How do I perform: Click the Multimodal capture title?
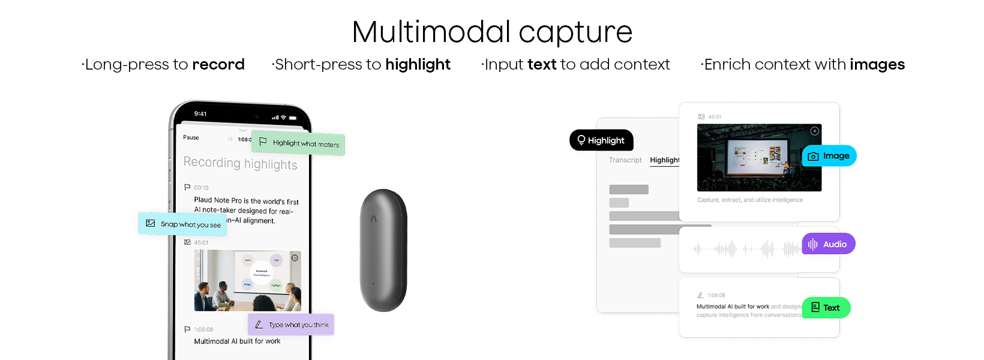[492, 32]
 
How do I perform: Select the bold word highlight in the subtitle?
[418, 64]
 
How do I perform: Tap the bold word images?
[877, 64]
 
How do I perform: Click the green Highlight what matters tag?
[298, 143]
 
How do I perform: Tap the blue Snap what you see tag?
[182, 224]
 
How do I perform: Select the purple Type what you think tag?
[291, 325]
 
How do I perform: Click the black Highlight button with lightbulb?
[601, 140]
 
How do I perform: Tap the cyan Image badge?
[829, 156]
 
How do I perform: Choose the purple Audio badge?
[828, 244]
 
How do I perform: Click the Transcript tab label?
[625, 160]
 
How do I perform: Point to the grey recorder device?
[383, 250]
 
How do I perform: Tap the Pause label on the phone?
[191, 137]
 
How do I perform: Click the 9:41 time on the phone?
[200, 113]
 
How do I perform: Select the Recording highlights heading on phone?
[240, 163]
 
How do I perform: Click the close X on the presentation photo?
[814, 131]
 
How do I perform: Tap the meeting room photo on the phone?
[247, 280]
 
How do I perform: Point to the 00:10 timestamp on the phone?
[201, 188]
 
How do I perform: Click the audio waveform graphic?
[744, 248]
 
